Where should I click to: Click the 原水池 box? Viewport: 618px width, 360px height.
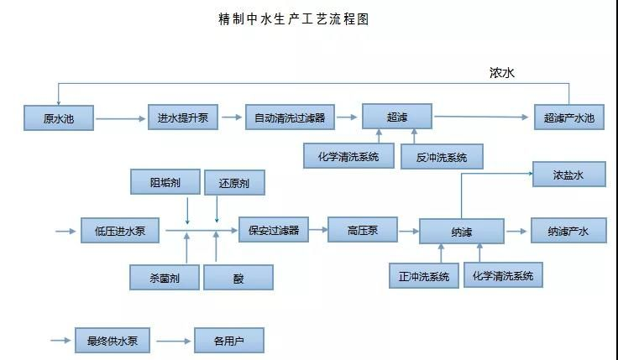[59, 118]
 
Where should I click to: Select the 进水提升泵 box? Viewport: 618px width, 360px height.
[183, 117]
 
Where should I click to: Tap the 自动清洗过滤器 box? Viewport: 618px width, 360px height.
[290, 117]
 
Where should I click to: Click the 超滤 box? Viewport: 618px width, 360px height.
[396, 117]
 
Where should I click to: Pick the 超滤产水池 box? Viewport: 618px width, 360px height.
[568, 118]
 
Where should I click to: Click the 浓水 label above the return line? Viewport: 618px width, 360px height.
[502, 73]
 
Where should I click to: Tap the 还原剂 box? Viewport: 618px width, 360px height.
[239, 181]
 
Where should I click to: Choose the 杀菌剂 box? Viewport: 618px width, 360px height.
[164, 277]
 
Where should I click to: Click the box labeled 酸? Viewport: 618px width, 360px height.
[238, 277]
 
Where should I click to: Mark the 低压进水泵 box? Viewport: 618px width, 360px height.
[119, 231]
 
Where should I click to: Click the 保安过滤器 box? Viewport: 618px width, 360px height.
[273, 227]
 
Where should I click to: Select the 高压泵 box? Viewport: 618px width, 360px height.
[361, 229]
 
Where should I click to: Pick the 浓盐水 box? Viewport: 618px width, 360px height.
[568, 175]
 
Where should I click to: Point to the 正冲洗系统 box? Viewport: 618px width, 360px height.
[423, 275]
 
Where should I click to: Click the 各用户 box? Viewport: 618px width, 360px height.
[228, 341]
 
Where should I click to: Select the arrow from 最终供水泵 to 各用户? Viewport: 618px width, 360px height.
[174, 341]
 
